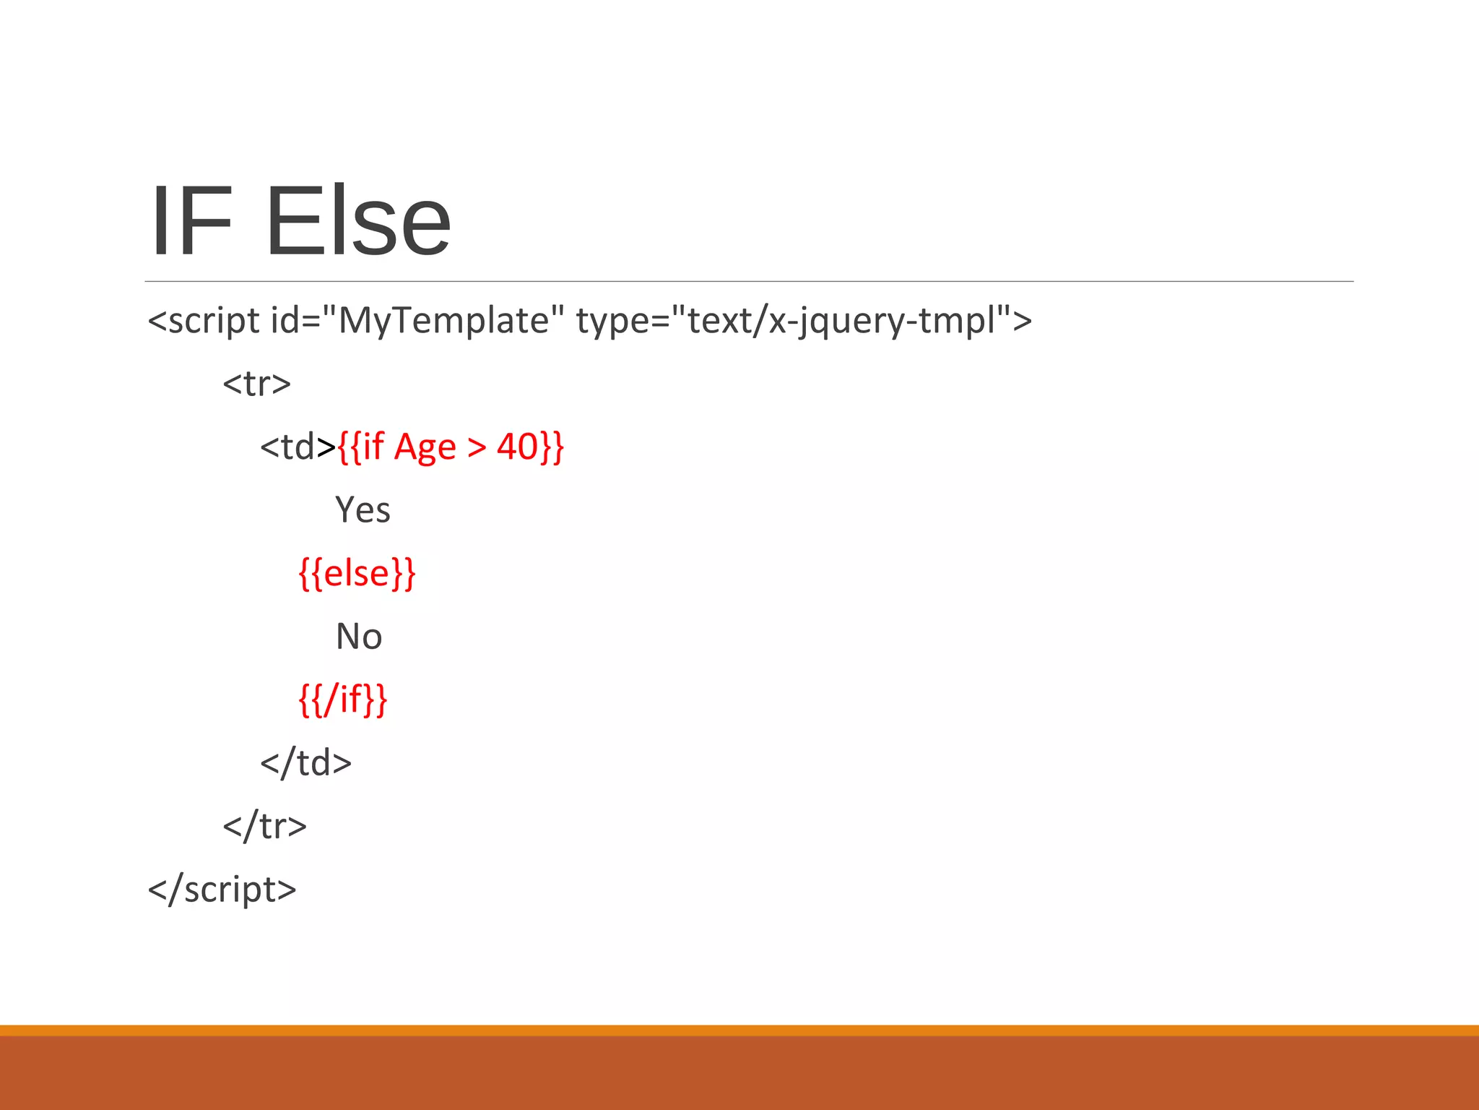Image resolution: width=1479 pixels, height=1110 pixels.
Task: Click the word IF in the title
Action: [191, 222]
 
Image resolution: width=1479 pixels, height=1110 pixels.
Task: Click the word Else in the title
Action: [359, 222]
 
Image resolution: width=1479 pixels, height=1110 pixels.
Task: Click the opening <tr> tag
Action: [256, 384]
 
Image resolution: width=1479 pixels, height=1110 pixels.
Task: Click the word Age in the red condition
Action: [425, 448]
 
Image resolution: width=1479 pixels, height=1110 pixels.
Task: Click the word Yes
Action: [363, 510]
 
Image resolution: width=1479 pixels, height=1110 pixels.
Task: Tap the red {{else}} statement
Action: [357, 574]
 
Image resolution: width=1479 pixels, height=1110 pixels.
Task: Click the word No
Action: [359, 637]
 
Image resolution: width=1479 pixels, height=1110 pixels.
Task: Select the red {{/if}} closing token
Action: [343, 700]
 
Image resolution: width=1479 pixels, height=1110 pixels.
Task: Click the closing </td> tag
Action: [305, 763]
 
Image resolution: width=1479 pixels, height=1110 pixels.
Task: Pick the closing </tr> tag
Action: [264, 826]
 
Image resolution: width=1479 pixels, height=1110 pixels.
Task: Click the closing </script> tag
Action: [222, 890]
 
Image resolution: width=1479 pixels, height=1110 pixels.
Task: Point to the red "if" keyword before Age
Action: [373, 447]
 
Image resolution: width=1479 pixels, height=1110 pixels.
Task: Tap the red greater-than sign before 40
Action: [477, 448]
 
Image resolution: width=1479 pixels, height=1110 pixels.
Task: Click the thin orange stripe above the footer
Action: [739, 1030]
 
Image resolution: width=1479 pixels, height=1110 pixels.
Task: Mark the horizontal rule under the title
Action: [749, 281]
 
